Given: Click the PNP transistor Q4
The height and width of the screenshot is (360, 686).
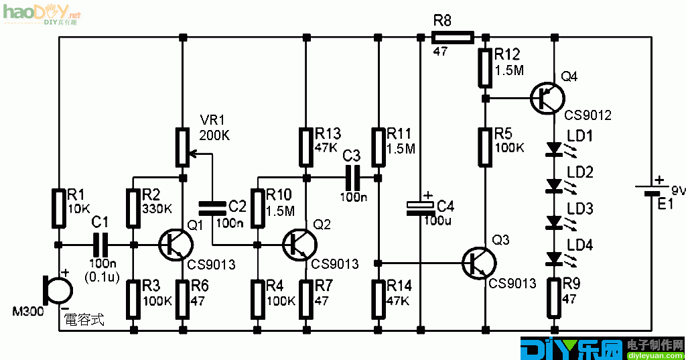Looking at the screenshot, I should [x=547, y=98].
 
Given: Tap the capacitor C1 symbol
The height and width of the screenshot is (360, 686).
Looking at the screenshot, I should [x=100, y=244].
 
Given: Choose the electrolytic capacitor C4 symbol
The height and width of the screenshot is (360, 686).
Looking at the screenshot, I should [x=421, y=207].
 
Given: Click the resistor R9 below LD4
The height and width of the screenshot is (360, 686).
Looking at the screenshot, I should [x=554, y=298].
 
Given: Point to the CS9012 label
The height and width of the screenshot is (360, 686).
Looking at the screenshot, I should [x=588, y=115].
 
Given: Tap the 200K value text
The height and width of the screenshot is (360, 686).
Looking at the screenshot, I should [x=215, y=135].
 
